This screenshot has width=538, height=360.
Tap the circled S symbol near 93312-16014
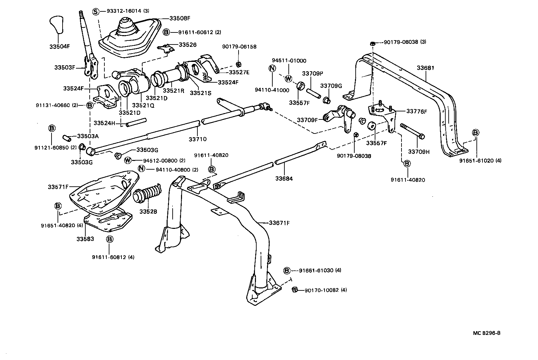96,11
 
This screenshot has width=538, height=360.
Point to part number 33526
187,44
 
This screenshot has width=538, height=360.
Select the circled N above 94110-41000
272,69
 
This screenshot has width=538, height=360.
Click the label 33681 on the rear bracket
425,68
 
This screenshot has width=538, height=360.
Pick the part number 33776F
417,111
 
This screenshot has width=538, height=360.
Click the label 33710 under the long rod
197,139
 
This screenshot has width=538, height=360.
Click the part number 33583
85,239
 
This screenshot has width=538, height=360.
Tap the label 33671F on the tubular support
279,222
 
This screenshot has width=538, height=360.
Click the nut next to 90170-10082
295,289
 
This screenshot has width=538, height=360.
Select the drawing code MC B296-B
487,333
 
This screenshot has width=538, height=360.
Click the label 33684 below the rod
284,179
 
